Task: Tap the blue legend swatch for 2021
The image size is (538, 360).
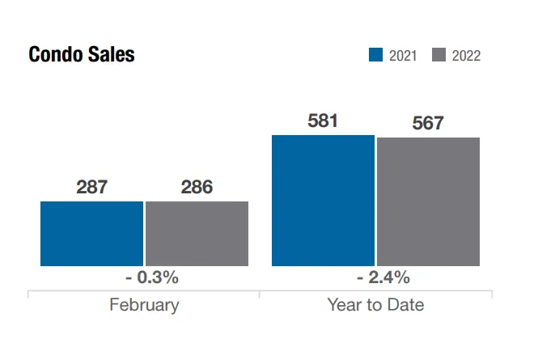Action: (375, 55)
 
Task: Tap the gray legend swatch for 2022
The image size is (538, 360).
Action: (438, 55)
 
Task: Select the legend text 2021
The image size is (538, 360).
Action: (403, 56)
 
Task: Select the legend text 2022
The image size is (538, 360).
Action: (466, 56)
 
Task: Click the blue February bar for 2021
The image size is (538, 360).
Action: (91, 234)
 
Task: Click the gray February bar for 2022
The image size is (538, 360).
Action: (197, 234)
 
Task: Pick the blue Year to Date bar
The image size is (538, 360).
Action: (323, 201)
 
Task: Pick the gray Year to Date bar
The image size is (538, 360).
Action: (428, 201)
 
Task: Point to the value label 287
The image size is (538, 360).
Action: (91, 187)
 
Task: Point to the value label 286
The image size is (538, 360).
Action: (197, 187)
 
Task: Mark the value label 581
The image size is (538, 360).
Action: (323, 121)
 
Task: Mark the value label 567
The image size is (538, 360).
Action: (428, 124)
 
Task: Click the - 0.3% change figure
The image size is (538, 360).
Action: (145, 277)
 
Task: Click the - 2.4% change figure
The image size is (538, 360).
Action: (376, 277)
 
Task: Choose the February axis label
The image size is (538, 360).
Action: (144, 305)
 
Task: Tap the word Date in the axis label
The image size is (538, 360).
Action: (405, 305)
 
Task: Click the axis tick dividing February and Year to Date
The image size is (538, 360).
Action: (260, 294)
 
